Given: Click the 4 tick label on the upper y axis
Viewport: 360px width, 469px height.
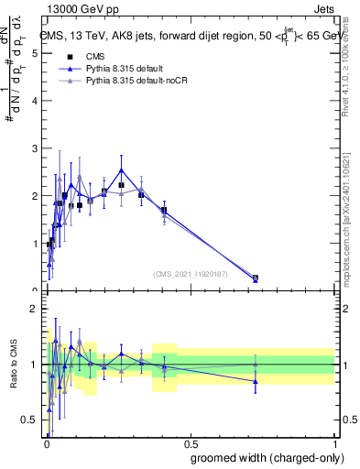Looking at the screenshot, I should [35, 101].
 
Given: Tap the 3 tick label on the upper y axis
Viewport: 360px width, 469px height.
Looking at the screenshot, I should [35, 148].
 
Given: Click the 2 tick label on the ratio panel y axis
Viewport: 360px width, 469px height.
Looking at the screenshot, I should [35, 309].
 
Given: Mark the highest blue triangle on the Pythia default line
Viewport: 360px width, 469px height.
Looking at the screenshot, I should [122, 169].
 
